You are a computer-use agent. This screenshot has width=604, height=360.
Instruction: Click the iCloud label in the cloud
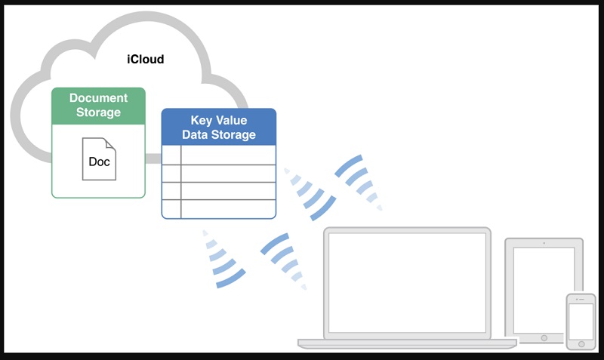coord(145,59)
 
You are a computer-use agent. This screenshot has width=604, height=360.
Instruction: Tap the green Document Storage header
coord(98,105)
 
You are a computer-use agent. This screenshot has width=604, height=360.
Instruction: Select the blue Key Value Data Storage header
coord(219,128)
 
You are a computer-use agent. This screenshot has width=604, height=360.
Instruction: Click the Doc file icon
coord(99,158)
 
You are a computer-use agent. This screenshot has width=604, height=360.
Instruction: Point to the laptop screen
coord(405,282)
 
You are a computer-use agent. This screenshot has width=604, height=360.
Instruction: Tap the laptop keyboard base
coord(407,343)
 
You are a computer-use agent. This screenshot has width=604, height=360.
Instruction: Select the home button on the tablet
coord(544,337)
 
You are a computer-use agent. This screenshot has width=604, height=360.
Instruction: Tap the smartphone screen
coord(581,322)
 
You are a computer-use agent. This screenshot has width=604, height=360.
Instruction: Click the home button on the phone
coord(581,345)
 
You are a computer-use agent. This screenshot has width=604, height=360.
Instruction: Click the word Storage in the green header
coord(99,112)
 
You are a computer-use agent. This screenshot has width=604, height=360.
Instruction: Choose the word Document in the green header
coord(99,98)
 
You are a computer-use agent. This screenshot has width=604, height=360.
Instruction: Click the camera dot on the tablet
coord(544,244)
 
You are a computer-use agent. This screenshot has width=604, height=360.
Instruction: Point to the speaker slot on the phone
coord(581,300)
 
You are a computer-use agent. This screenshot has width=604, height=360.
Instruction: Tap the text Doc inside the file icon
coord(99,162)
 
